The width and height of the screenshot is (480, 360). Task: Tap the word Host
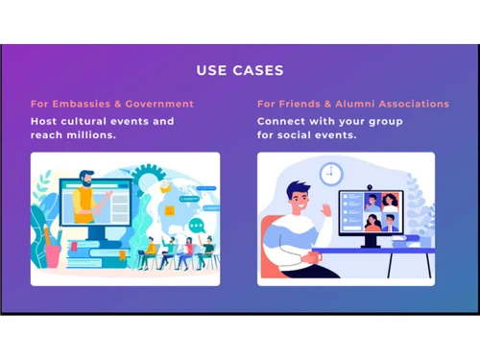[44, 122]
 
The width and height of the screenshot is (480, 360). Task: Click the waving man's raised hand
[327, 207]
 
